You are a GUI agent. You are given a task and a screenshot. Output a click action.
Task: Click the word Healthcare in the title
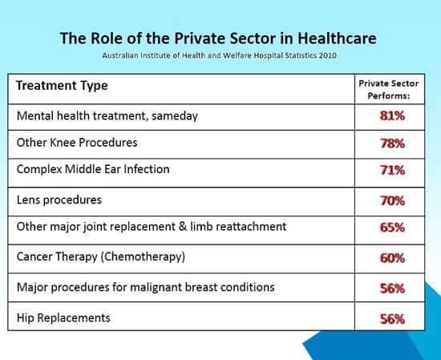337,38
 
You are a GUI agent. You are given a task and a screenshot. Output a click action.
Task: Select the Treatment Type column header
62,86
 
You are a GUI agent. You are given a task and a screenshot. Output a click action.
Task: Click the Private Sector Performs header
389,90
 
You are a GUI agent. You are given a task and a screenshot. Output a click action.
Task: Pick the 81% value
392,115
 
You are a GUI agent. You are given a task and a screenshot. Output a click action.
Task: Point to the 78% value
392,144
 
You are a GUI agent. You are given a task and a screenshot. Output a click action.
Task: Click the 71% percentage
392,170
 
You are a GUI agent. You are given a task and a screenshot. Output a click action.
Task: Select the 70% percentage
392,200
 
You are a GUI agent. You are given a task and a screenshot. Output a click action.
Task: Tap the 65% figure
392,227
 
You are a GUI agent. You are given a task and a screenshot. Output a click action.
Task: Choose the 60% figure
392,258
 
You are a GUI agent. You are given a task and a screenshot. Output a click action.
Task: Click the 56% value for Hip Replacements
392,319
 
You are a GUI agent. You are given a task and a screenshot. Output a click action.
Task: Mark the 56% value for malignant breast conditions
392,289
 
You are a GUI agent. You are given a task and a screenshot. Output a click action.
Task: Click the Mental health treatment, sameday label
107,116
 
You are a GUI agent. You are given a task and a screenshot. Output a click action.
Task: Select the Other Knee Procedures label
77,142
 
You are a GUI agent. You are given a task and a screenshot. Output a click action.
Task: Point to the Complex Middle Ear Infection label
93,169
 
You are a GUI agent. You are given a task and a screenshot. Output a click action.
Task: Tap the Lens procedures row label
59,200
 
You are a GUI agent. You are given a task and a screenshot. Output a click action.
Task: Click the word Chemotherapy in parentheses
143,257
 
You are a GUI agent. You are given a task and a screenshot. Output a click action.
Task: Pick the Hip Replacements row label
63,318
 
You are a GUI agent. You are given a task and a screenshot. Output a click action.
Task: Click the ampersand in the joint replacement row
183,227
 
